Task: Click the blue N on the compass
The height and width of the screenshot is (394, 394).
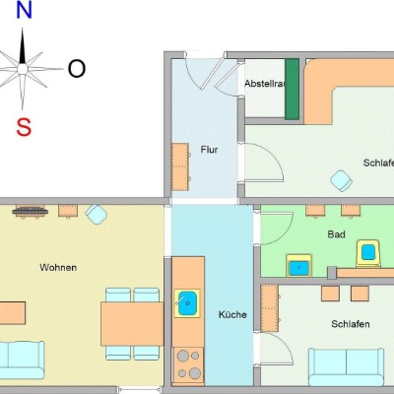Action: (x=24, y=11)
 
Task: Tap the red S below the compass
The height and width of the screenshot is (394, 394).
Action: (x=24, y=127)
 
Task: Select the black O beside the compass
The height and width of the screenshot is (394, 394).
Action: (x=77, y=69)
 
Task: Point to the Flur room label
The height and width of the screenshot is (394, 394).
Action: (x=209, y=150)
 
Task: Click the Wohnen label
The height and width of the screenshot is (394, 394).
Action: (x=58, y=268)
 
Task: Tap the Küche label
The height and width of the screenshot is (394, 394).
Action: (x=232, y=314)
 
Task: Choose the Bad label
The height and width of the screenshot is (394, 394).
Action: (x=336, y=234)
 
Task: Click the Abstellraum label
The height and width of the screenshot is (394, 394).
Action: (x=264, y=84)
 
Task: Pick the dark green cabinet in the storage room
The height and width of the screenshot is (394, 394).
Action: (x=292, y=89)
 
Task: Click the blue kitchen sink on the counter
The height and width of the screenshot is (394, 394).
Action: (x=187, y=303)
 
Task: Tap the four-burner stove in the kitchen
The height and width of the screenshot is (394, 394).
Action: (x=188, y=366)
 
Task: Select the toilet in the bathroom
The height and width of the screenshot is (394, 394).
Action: (x=368, y=253)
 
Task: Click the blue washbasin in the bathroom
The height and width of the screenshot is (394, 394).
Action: (x=298, y=265)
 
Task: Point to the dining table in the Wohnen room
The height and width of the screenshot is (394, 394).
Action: (x=132, y=324)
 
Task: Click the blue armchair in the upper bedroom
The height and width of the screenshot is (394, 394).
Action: (x=342, y=180)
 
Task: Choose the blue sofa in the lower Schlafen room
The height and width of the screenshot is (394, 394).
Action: (x=346, y=366)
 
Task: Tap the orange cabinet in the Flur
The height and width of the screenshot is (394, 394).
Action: (x=180, y=166)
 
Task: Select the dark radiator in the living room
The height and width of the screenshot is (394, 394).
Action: (x=31, y=211)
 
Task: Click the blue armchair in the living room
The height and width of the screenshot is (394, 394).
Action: (x=97, y=215)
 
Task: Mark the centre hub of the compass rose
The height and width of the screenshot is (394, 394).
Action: (x=23, y=69)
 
